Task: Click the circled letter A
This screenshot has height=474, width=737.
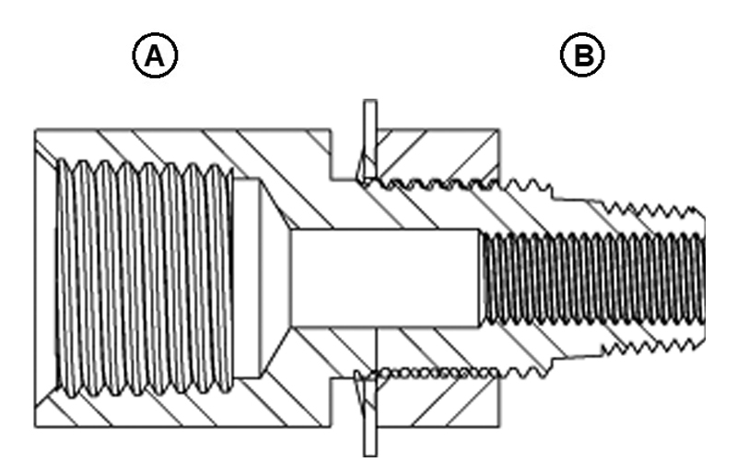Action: [x=154, y=58]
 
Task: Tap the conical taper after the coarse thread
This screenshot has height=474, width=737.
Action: [x=272, y=277]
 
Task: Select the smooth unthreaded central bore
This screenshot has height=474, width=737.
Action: [x=382, y=277]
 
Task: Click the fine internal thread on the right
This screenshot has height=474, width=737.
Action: [x=590, y=277]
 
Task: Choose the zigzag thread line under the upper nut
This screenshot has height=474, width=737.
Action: [x=433, y=182]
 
